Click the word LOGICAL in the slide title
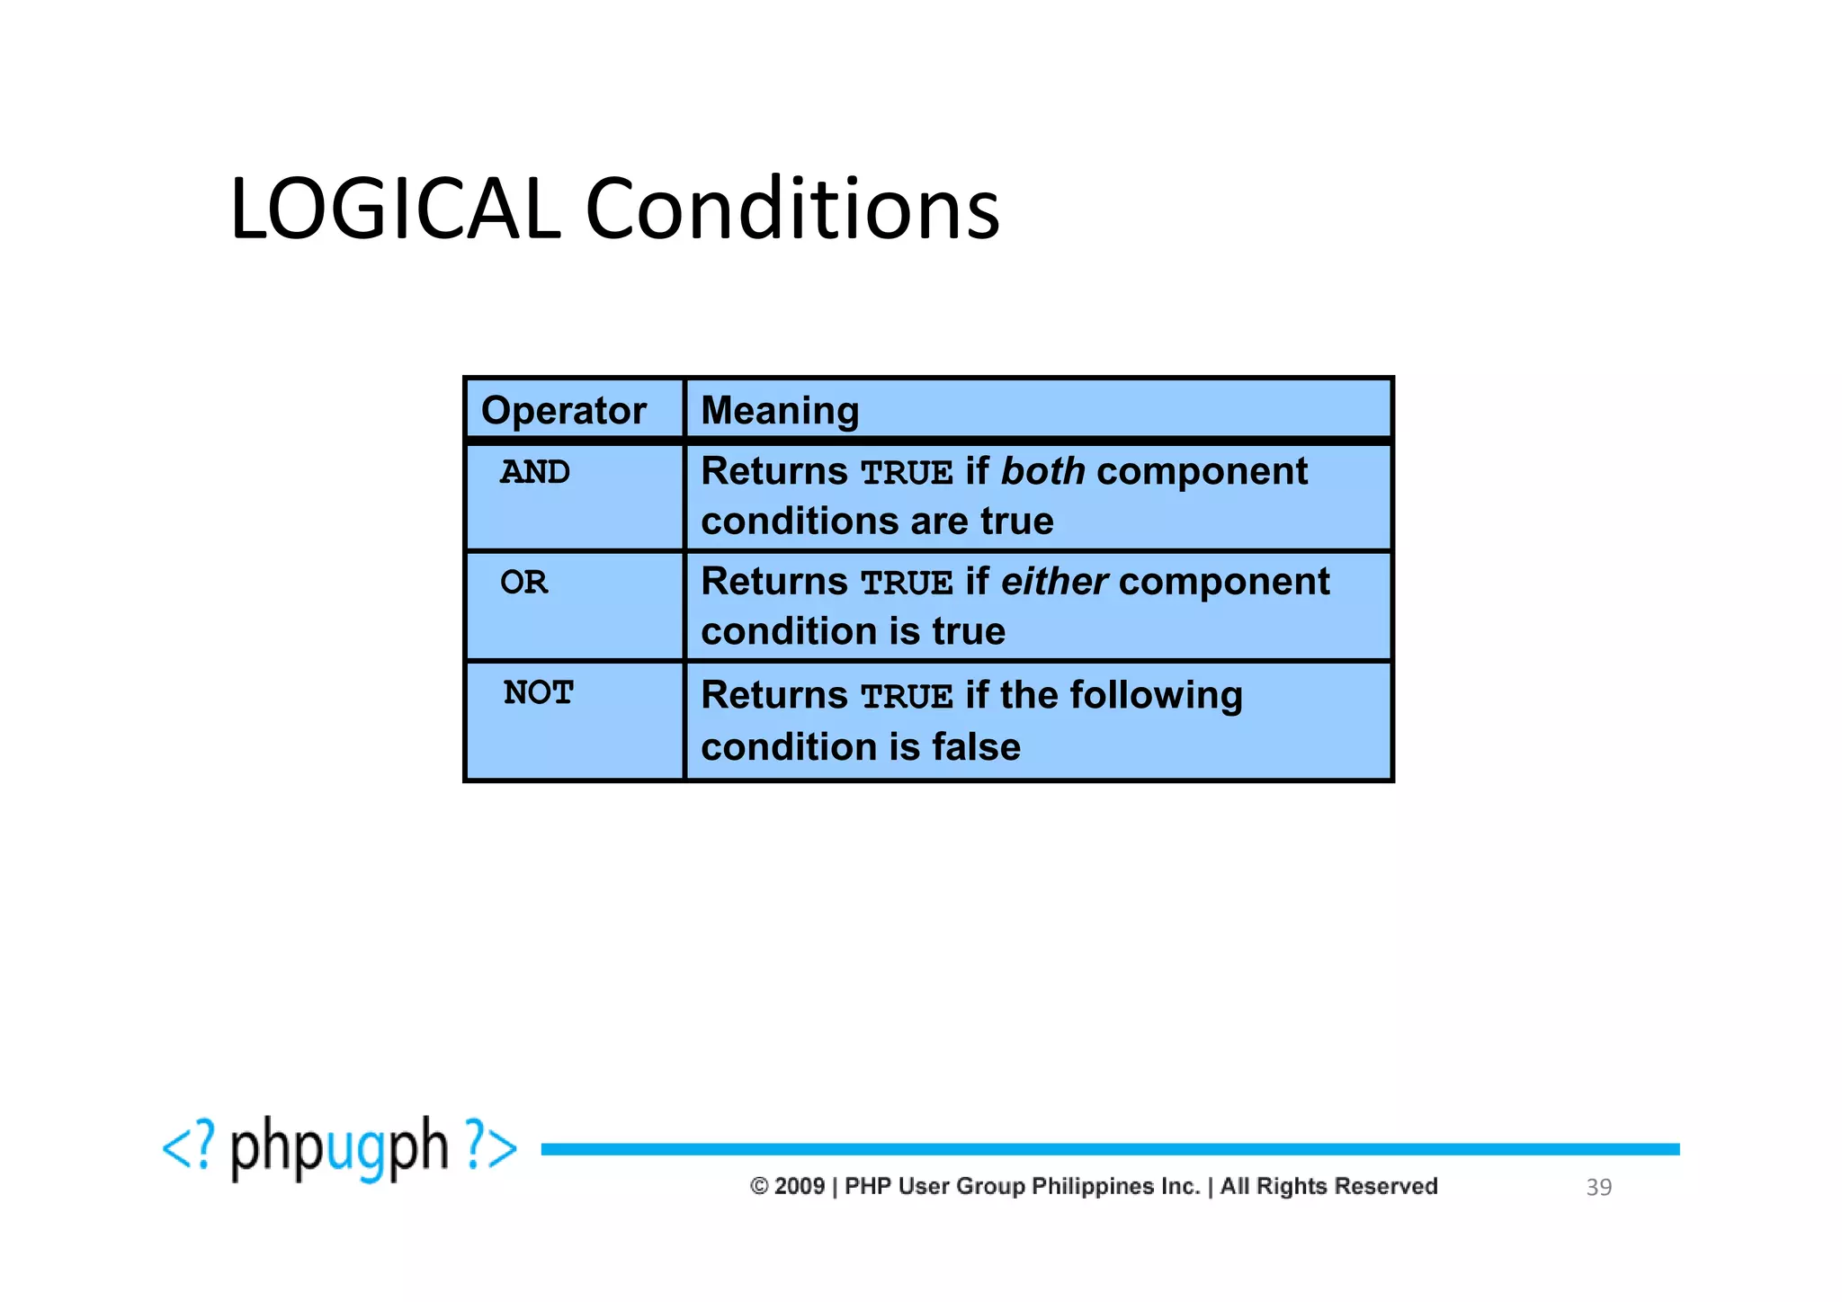[x=395, y=210]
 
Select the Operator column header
[x=563, y=411]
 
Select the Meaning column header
[x=780, y=411]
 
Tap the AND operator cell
[x=535, y=472]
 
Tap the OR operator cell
[x=523, y=583]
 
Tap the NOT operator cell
[x=538, y=693]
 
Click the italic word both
[x=1042, y=471]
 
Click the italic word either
[x=1053, y=582]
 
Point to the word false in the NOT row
[x=976, y=747]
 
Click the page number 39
[x=1598, y=1188]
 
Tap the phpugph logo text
[x=339, y=1148]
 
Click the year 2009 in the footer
[x=800, y=1187]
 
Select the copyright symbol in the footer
[x=759, y=1187]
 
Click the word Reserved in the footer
[x=1386, y=1187]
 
